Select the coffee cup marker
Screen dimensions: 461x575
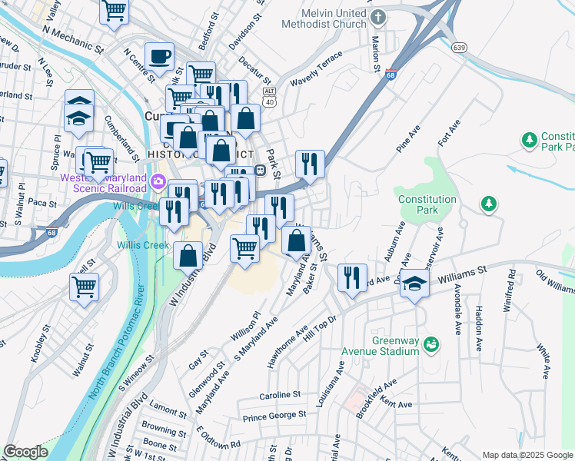159,55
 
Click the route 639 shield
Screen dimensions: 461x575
460,48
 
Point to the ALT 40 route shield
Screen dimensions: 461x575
268,97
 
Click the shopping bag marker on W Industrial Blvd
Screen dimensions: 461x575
188,254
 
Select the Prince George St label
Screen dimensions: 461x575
274,416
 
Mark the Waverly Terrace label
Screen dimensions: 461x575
316,75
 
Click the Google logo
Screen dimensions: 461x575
25,452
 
